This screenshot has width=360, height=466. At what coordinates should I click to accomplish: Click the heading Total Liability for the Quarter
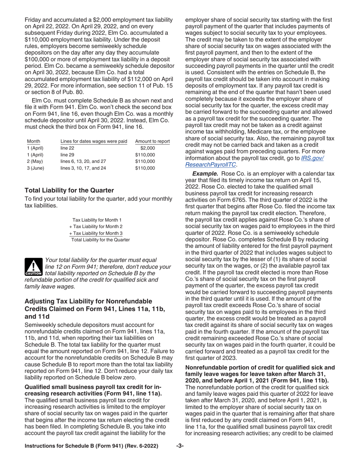69,190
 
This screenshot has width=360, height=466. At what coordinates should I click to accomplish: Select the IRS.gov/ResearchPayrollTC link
254,161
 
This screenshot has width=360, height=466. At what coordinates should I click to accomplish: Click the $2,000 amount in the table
147,148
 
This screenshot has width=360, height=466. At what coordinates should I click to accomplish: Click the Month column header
34,141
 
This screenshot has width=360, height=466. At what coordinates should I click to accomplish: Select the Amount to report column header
152,141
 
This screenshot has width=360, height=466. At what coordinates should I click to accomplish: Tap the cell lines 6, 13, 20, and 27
83,161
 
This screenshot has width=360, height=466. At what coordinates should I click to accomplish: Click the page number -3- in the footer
180,457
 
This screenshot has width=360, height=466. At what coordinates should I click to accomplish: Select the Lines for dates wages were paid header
94,141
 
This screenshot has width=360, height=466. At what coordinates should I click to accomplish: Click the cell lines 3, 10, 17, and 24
83,168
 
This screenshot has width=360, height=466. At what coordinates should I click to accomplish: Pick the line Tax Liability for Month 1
97,220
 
